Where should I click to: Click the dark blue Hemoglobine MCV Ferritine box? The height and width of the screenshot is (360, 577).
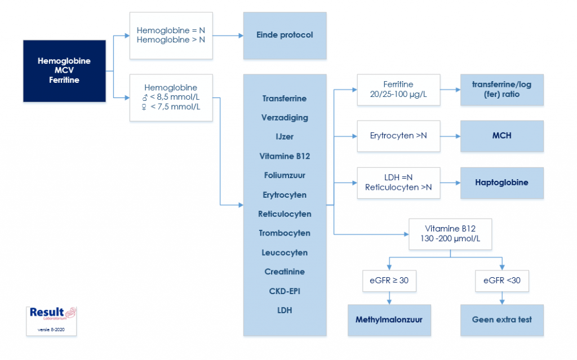(64, 70)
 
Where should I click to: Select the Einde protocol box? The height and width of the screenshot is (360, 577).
(285, 35)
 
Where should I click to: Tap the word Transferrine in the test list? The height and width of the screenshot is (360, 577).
(285, 99)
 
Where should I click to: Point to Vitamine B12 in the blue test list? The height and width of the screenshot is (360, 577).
(285, 156)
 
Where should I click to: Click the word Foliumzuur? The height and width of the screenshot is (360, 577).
(285, 175)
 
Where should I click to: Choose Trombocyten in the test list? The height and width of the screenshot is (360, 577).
(285, 233)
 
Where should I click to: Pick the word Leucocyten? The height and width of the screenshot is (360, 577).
(285, 252)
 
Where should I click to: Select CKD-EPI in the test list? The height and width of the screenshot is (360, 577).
(285, 291)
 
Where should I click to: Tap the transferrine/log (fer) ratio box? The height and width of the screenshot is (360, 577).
(501, 90)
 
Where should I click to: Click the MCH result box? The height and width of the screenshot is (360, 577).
(501, 136)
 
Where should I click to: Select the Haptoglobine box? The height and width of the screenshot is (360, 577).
(501, 183)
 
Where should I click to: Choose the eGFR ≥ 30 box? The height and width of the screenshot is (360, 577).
(389, 281)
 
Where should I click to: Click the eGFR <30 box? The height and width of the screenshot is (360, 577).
(501, 281)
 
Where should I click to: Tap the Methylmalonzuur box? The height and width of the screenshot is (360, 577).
(389, 320)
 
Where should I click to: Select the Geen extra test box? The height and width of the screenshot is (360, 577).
(501, 320)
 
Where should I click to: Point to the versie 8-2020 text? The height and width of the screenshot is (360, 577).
(51, 329)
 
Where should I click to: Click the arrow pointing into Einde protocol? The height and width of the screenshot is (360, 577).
(238, 35)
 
